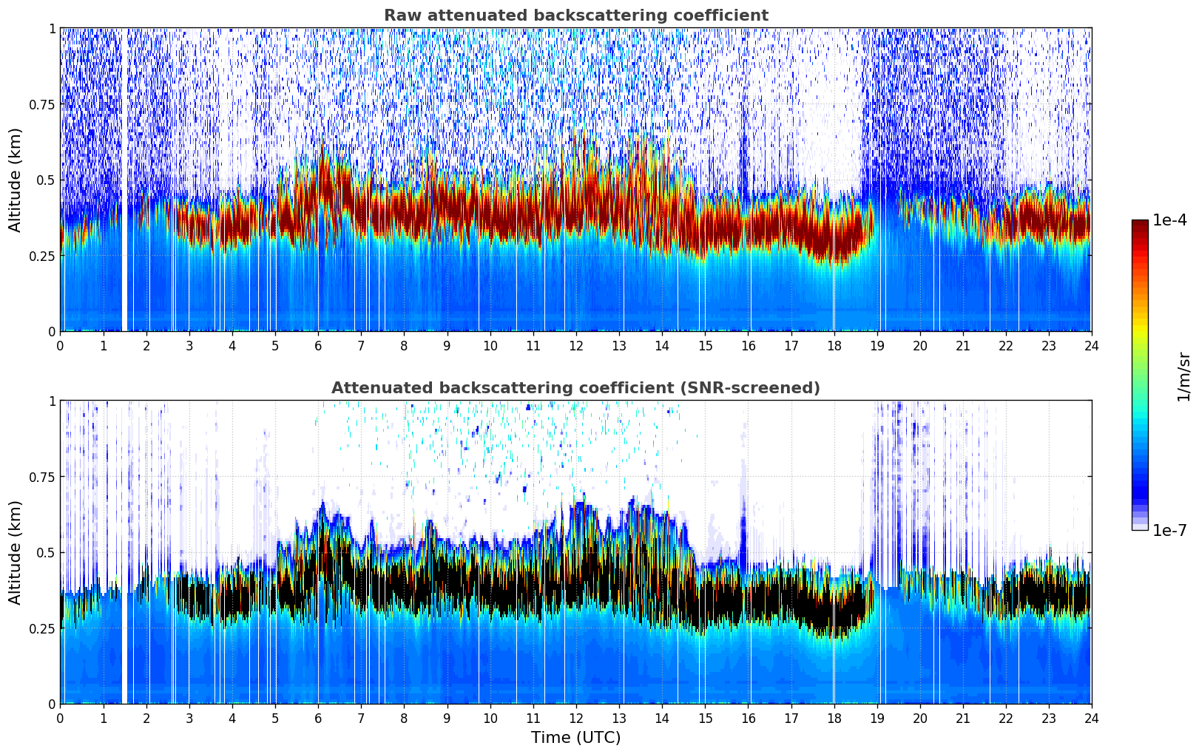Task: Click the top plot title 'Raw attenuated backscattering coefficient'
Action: tap(575, 16)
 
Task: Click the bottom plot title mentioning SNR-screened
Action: tap(575, 388)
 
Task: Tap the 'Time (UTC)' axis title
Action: tap(575, 738)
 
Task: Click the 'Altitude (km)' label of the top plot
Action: tap(16, 180)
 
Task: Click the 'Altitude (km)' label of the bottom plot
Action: tap(16, 552)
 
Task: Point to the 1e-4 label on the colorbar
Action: tap(1169, 220)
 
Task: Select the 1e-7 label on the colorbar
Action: tap(1169, 530)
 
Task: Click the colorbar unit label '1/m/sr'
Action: tap(1183, 376)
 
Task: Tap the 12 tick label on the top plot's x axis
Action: tap(575, 345)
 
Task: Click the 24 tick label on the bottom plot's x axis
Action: tap(1091, 718)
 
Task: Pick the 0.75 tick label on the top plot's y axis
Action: tap(42, 104)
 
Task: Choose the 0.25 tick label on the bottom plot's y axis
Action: tap(42, 628)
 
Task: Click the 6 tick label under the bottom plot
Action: tap(318, 718)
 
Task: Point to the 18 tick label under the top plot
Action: tap(834, 345)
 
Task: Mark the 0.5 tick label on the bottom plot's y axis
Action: tap(46, 552)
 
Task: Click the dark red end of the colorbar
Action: tap(1140, 225)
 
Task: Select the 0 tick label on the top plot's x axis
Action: tap(60, 345)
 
